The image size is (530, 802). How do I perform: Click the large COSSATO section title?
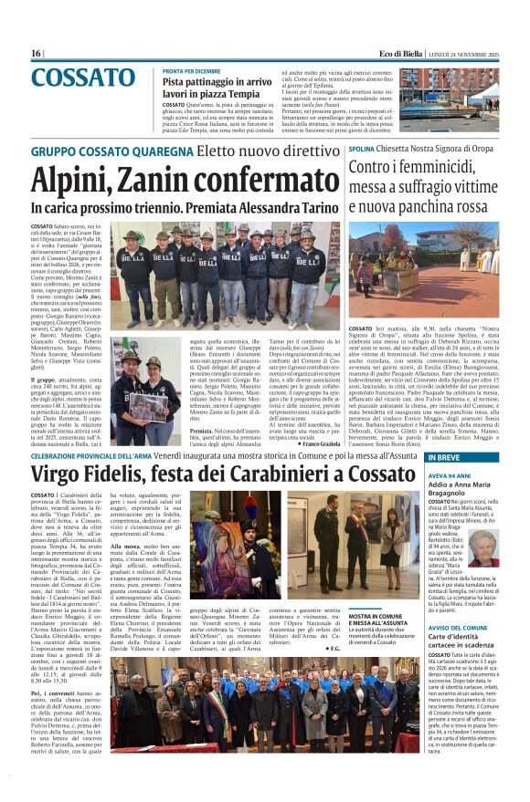pyautogui.click(x=83, y=78)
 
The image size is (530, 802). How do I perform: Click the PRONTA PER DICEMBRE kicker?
pyautogui.click(x=191, y=70)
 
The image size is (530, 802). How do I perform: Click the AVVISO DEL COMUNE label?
pyautogui.click(x=438, y=653)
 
